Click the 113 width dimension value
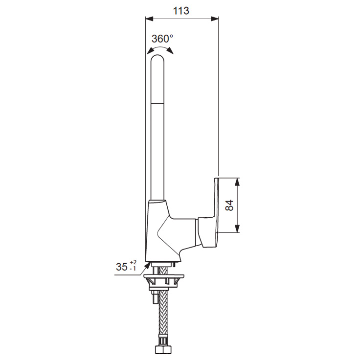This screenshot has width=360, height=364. (x=181, y=11)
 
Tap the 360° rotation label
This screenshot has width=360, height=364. (x=162, y=39)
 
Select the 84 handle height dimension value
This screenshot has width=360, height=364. (x=229, y=205)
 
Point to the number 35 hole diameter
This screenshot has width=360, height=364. (x=122, y=267)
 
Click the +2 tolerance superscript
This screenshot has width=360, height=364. (x=133, y=263)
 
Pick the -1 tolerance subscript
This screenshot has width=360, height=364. (x=133, y=269)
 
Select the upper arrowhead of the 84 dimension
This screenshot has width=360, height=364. (x=237, y=182)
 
